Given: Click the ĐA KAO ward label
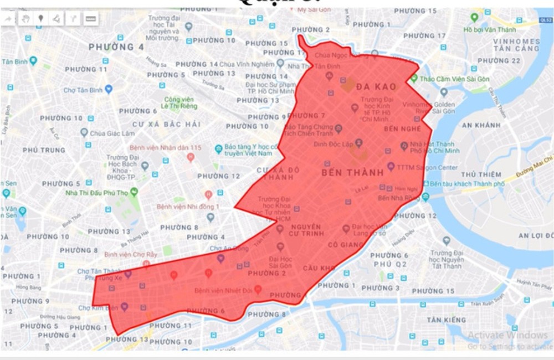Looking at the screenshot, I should [375, 87].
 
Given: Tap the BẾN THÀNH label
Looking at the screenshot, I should [352, 173].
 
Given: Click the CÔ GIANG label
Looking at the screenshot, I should [346, 244].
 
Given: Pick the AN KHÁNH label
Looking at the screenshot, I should [481, 125].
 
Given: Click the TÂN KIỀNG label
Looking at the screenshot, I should [447, 320].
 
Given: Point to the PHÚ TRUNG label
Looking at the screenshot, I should [44, 150].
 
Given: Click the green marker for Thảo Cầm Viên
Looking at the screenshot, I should [414, 79].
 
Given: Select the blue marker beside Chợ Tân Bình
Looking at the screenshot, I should [109, 89].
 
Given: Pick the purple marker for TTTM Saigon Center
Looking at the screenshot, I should [391, 166].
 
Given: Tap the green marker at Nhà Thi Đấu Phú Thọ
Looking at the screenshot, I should [134, 192].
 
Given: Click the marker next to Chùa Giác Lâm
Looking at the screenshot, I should [84, 132].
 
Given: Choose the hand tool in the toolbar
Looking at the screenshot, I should [25, 19].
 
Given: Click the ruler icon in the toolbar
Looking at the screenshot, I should [91, 19].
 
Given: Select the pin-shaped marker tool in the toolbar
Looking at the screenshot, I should [40, 19].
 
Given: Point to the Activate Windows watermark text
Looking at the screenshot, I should [507, 335].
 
